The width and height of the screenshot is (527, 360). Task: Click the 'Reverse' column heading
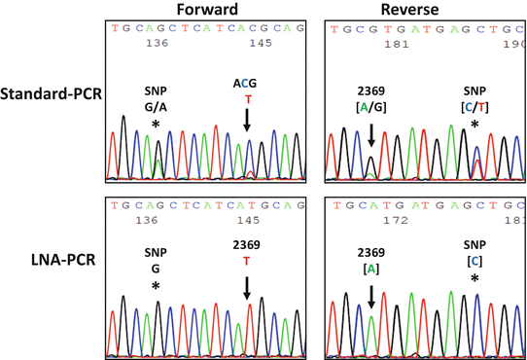pos(422,10)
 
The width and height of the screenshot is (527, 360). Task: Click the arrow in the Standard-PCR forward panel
pos(247,120)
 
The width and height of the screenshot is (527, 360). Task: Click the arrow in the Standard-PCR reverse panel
pos(370,140)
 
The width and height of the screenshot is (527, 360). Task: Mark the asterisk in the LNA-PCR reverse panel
pos(474,280)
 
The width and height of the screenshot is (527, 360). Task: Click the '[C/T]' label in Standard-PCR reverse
pos(474,107)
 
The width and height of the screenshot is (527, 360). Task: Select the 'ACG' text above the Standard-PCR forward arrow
pos(247,84)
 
